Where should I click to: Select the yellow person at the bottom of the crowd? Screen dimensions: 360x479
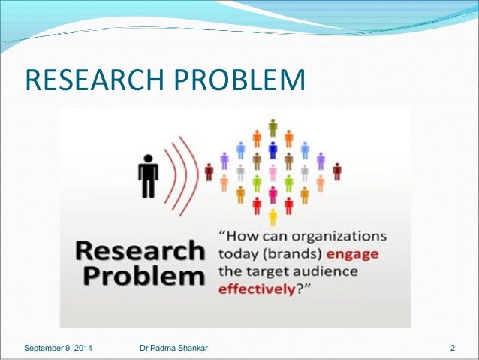(x=273, y=218)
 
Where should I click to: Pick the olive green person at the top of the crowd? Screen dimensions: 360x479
(x=273, y=127)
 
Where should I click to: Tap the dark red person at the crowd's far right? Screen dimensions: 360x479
(x=337, y=172)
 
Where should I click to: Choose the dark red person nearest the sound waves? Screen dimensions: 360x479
(x=209, y=172)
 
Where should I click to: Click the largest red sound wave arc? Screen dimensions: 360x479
(x=197, y=172)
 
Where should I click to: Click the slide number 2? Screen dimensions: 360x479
(x=453, y=348)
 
